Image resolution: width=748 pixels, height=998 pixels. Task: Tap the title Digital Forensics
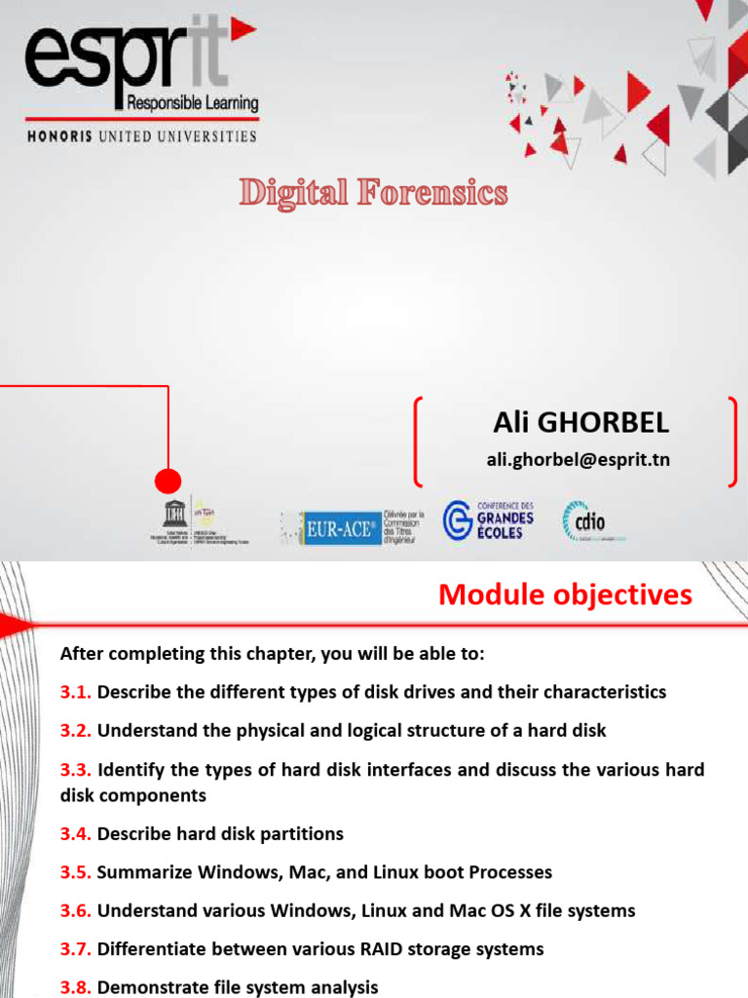point(374,193)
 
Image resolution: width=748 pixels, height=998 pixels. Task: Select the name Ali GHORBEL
point(580,422)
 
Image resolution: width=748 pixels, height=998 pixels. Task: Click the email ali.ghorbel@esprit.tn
point(579,459)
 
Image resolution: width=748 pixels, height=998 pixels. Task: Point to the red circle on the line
point(168,480)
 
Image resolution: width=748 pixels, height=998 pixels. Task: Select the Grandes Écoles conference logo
point(489,520)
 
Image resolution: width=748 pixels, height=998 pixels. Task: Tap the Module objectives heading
point(565,595)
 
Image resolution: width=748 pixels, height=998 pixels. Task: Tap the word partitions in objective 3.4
point(299,833)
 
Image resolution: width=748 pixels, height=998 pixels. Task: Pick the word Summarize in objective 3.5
point(142,872)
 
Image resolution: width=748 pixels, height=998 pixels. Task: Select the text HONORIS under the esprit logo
point(59,136)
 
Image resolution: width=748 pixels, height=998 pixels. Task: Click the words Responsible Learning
point(188,103)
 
